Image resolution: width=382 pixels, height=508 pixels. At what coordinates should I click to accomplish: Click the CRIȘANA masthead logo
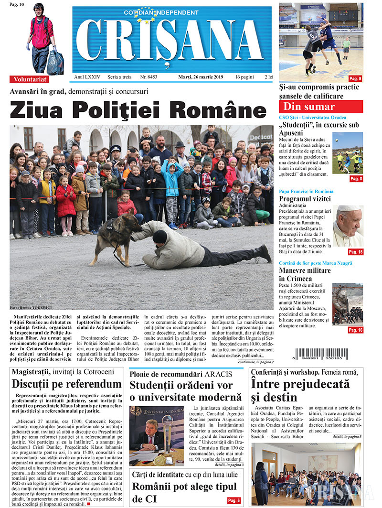(x=172, y=41)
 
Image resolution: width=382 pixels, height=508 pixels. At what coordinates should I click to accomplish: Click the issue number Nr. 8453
(x=149, y=77)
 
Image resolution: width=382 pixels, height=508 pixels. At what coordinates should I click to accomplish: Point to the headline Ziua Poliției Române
(x=138, y=110)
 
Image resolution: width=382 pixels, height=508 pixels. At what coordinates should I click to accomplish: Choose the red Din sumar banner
(x=321, y=107)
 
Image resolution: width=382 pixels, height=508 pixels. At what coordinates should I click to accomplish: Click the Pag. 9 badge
(x=355, y=78)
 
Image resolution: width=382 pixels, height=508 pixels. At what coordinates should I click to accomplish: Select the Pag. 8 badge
(x=356, y=179)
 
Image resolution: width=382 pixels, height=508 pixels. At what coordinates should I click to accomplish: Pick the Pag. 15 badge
(x=355, y=251)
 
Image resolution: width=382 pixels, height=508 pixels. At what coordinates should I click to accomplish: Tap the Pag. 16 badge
(x=355, y=330)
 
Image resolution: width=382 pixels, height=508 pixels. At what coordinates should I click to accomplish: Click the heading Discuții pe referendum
(x=67, y=384)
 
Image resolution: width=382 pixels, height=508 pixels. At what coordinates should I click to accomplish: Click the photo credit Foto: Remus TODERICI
(x=31, y=308)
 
